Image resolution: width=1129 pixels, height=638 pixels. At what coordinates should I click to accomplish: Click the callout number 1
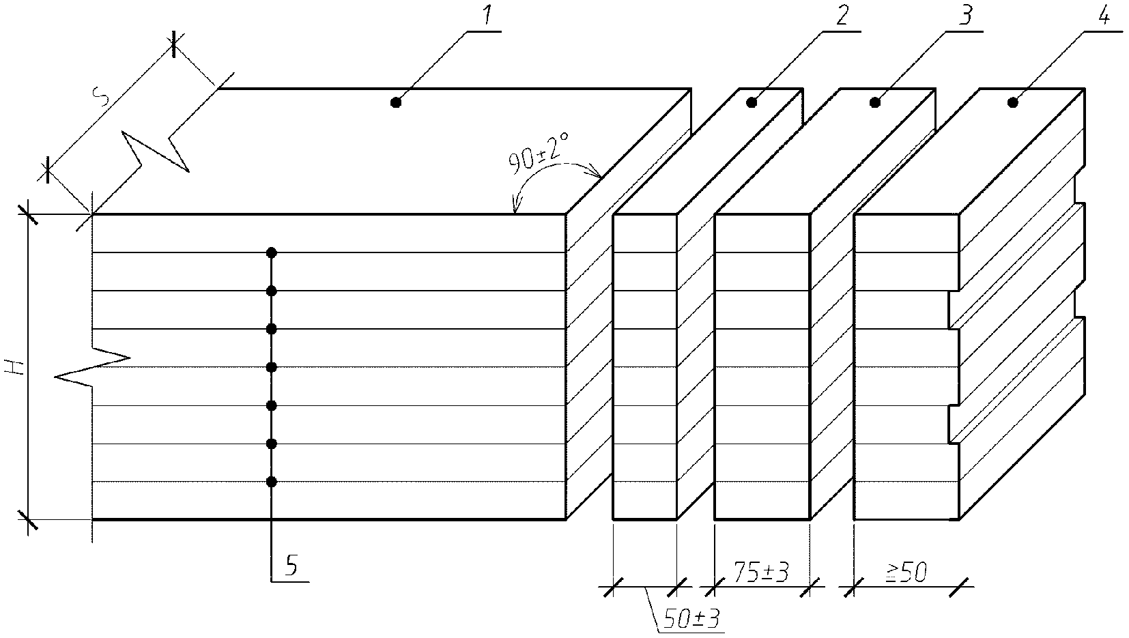(x=486, y=16)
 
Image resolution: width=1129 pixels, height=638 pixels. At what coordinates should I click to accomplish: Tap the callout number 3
(x=964, y=16)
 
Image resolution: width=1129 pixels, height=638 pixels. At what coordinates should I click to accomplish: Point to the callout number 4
(x=1103, y=16)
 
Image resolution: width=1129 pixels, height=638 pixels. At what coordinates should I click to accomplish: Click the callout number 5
(x=291, y=566)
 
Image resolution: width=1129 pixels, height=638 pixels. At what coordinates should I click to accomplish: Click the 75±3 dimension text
(x=761, y=572)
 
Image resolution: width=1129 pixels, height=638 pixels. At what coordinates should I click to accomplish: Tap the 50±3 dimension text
(x=691, y=619)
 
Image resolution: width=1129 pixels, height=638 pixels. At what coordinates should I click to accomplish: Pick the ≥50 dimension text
(x=906, y=572)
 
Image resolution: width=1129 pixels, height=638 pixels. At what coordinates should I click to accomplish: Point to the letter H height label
(x=15, y=366)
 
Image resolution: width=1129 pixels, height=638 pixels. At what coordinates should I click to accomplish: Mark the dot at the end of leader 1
(x=396, y=103)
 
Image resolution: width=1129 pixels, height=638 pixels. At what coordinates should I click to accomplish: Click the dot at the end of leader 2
(x=752, y=103)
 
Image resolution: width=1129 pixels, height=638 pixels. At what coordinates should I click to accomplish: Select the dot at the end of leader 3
(x=876, y=103)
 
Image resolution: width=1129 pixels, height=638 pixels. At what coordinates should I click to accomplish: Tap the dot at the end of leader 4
(x=1013, y=103)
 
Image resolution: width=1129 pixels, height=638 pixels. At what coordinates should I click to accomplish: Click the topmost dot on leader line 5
(x=272, y=252)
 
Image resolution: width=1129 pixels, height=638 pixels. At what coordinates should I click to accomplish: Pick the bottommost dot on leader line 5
(x=272, y=482)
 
